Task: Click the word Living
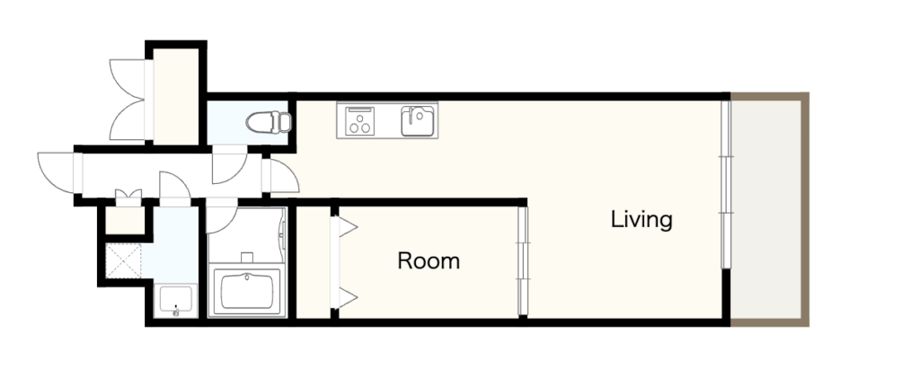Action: pyautogui.click(x=641, y=220)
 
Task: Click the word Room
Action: pyautogui.click(x=429, y=261)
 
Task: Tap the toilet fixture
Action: pyautogui.click(x=269, y=123)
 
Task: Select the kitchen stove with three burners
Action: pyautogui.click(x=359, y=121)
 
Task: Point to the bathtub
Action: pyautogui.click(x=247, y=292)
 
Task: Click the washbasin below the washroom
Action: pyautogui.click(x=176, y=300)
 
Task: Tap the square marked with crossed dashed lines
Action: pyautogui.click(x=123, y=261)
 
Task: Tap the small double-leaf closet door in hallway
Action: pyautogui.click(x=128, y=196)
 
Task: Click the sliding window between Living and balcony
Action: pyautogui.click(x=726, y=185)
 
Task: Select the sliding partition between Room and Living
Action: pyautogui.click(x=523, y=261)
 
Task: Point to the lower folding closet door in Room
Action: pyautogui.click(x=345, y=298)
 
